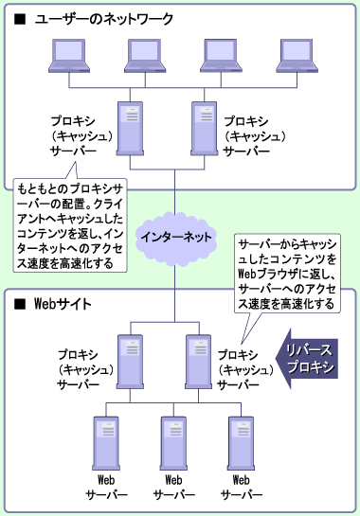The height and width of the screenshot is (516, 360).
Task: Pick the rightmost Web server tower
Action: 238,438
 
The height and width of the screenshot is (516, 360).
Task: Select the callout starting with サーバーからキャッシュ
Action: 286,274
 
